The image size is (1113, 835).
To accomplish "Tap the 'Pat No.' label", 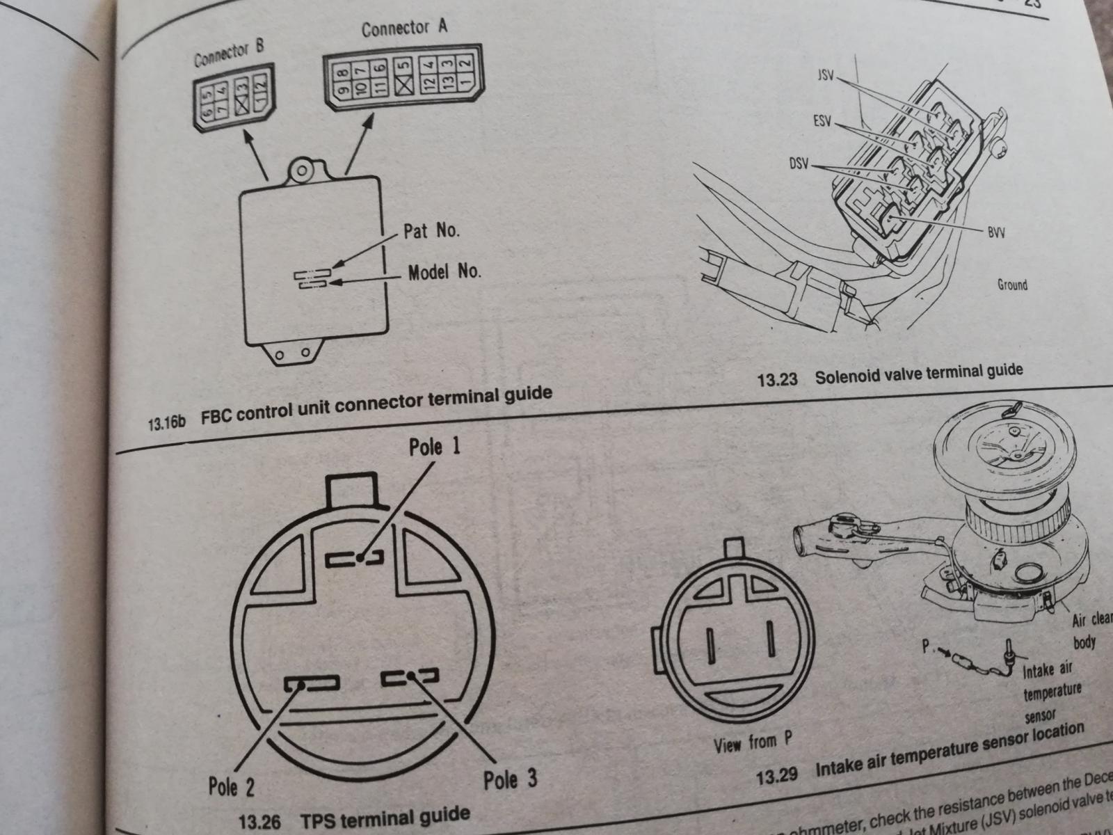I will [x=431, y=230].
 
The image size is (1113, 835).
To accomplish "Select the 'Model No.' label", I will [x=444, y=271].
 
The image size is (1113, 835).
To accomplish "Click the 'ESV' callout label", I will [x=822, y=121].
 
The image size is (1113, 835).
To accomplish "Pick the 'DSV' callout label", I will [x=799, y=164].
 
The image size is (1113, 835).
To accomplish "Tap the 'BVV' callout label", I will [x=995, y=232].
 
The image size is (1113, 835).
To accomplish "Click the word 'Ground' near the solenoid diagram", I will [x=1011, y=285].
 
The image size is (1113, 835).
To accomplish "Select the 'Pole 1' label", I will [x=434, y=447].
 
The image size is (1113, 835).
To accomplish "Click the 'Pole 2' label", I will [x=231, y=787].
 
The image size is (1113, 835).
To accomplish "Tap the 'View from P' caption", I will [x=753, y=743].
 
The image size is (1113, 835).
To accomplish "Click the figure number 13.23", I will [x=777, y=380].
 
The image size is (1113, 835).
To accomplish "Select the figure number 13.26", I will [x=259, y=822].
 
